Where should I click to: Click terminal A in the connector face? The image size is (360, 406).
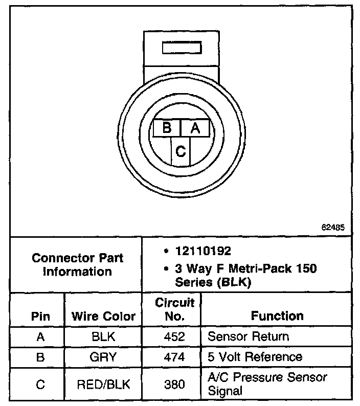point(195,128)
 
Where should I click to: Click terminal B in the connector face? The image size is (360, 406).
point(167,128)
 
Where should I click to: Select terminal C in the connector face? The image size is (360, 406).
point(181,151)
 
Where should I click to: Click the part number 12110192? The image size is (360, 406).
point(204,251)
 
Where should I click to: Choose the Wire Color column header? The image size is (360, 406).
point(103,316)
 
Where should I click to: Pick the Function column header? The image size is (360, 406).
point(277,316)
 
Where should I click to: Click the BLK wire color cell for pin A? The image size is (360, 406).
point(103,336)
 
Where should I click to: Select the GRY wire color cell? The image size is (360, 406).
point(103,356)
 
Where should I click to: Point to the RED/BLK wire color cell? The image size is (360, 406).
point(103,384)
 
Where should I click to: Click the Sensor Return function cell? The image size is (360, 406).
point(249,336)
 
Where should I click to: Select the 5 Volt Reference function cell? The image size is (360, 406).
point(255,356)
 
